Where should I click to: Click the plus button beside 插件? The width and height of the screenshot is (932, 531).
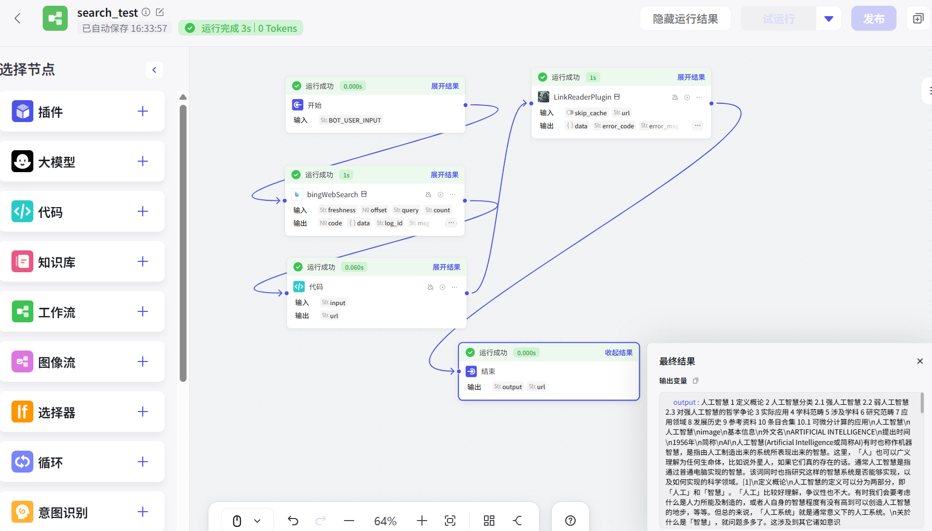click(143, 111)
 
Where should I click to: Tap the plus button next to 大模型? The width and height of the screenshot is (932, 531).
click(143, 161)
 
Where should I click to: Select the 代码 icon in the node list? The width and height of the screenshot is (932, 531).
click(22, 211)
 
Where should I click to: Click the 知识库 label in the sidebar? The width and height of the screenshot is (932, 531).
click(57, 262)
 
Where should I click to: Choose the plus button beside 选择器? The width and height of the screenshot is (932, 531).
click(143, 412)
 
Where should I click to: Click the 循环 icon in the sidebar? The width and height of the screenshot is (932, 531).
click(22, 462)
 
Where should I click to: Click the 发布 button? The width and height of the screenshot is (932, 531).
click(874, 19)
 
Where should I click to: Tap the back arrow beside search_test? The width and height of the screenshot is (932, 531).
click(18, 19)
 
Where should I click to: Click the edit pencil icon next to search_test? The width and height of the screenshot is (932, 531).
click(160, 12)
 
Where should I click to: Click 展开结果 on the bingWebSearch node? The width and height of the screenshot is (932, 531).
click(444, 175)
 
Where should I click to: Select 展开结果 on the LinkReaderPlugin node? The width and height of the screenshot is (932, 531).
click(691, 77)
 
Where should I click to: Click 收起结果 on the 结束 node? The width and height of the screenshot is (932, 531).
click(618, 353)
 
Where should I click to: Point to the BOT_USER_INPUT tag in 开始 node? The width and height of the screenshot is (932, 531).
click(351, 120)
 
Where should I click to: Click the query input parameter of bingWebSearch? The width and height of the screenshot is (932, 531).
click(406, 210)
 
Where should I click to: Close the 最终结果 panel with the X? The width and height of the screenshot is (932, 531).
click(920, 361)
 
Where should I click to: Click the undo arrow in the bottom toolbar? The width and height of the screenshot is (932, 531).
click(293, 521)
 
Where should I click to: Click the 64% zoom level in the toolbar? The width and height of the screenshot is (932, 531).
click(386, 521)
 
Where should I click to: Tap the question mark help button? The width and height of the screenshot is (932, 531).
click(570, 521)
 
